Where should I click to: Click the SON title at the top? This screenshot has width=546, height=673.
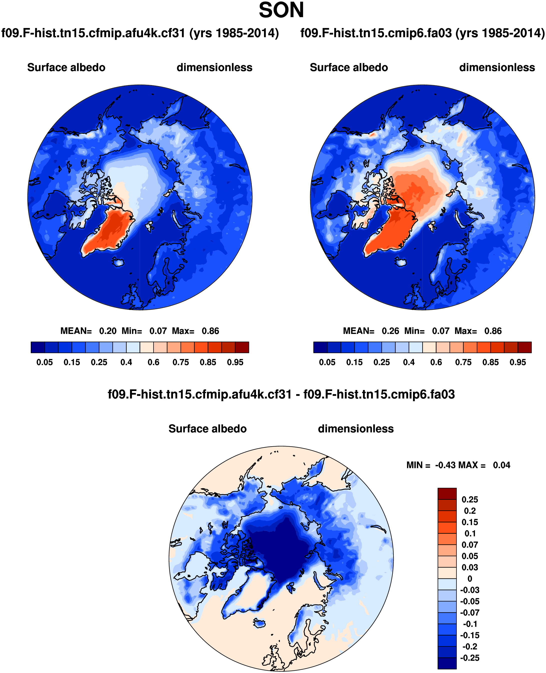281,10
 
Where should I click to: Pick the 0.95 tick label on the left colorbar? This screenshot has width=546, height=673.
235,362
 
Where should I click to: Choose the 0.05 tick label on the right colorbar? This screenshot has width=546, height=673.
327,362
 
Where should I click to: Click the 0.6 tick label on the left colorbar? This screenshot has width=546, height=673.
153,362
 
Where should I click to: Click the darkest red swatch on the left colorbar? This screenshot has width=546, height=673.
242,347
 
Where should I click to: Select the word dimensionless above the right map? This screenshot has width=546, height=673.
497,67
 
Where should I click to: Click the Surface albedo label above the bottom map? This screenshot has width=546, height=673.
207,429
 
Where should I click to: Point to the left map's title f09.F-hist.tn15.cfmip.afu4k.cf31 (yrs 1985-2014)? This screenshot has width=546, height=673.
140,33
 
